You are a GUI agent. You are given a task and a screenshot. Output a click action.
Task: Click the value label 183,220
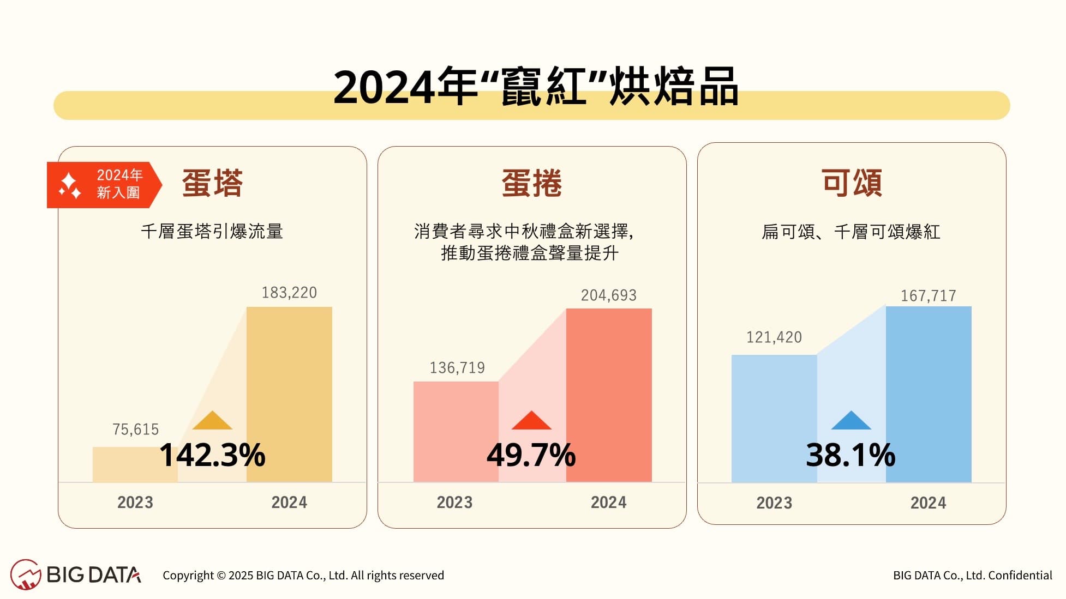click(289, 293)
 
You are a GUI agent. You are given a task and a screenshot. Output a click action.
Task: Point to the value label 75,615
click(135, 429)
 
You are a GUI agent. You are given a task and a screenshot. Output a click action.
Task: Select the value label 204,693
click(608, 295)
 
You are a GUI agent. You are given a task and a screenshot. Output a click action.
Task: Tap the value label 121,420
click(774, 337)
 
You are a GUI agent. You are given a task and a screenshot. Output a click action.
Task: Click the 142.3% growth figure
click(212, 455)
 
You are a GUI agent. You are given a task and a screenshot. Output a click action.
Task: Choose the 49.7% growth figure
click(531, 455)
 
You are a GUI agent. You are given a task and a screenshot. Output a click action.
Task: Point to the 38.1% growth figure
click(851, 455)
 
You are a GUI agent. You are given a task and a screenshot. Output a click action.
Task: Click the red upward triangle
click(531, 421)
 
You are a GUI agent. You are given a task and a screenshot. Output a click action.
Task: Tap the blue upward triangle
click(851, 421)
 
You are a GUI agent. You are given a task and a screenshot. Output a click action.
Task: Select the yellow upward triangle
click(212, 421)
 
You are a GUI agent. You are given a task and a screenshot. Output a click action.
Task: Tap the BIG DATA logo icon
click(25, 574)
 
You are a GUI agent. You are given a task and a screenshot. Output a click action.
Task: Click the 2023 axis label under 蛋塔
click(135, 502)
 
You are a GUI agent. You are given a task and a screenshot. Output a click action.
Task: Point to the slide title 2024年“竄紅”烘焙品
click(536, 87)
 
